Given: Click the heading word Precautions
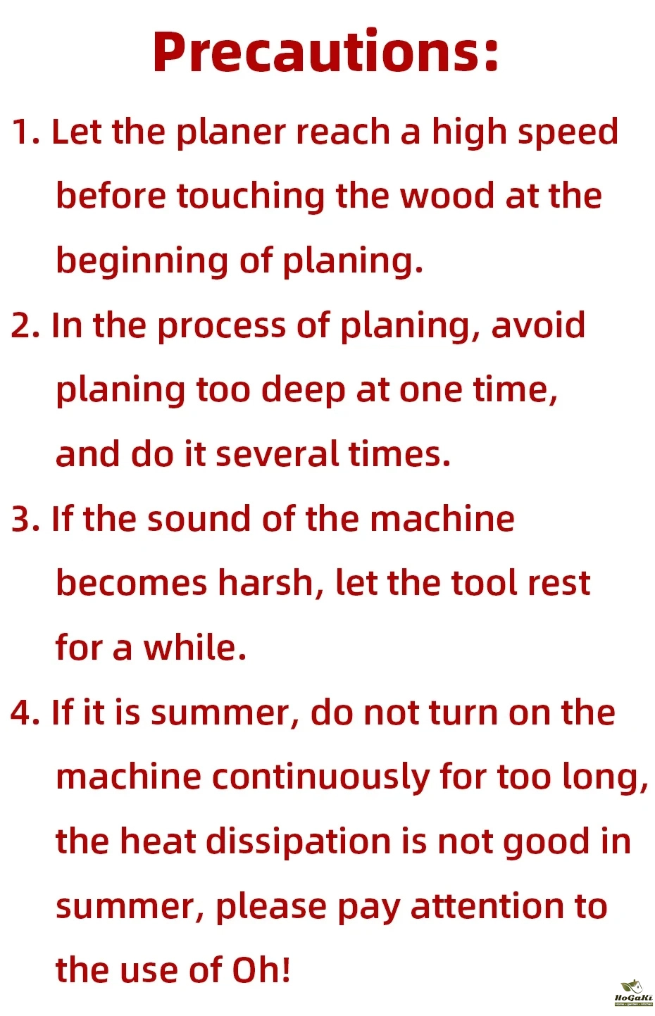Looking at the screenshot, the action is coord(325,51).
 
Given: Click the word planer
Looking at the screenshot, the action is coord(231,133).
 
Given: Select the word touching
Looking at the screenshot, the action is coord(251,197).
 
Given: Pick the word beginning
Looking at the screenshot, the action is coord(142,262).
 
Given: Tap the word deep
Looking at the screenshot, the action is coord(304,391).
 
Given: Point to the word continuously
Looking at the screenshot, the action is coord(320,779).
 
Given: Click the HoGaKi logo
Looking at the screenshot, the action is coord(634,993).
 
